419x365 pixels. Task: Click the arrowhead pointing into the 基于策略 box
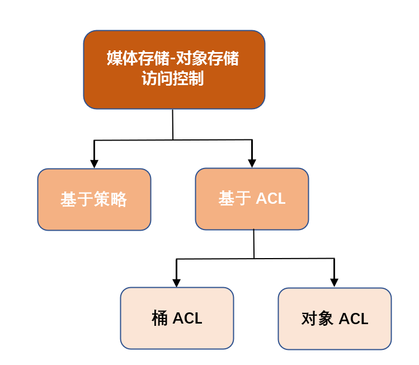tap(94, 163)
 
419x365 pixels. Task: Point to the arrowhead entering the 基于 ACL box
tap(252, 163)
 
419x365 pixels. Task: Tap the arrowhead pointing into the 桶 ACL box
tap(177, 283)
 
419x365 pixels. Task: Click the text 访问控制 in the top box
tap(173, 79)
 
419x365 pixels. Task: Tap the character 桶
tap(160, 319)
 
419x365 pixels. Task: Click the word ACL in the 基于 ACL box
tap(271, 199)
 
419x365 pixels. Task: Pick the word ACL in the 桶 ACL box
tap(187, 319)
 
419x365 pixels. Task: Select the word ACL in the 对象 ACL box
tap(354, 319)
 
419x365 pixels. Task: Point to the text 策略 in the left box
tap(111, 199)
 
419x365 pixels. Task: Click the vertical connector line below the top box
tap(173, 124)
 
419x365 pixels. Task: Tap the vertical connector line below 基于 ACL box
tap(254, 244)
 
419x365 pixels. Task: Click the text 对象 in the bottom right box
tap(317, 319)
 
